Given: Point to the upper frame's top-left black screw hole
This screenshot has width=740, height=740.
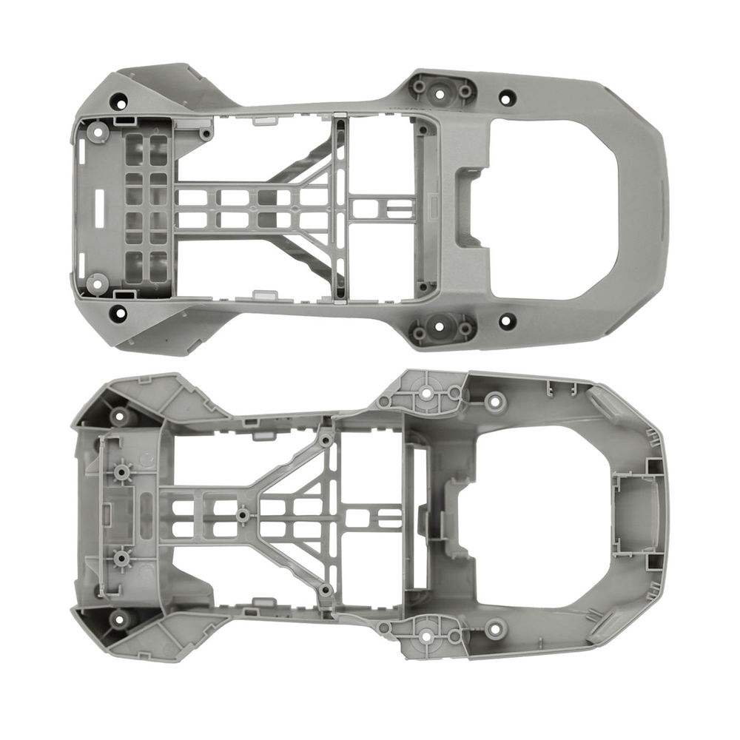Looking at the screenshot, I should coord(118,101).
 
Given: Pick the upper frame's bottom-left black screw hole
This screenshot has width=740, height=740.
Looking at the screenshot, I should coord(118,313).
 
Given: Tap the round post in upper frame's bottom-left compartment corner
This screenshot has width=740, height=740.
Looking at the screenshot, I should coord(95,282).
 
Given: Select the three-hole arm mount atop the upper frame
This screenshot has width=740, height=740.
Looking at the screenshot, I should coord(442,90).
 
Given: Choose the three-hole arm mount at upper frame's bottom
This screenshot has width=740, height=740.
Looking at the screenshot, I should coord(442,329).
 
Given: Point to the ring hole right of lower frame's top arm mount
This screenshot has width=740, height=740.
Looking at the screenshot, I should coord(495,403).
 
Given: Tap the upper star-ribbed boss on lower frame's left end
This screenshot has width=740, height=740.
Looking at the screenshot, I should coord(118,471).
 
